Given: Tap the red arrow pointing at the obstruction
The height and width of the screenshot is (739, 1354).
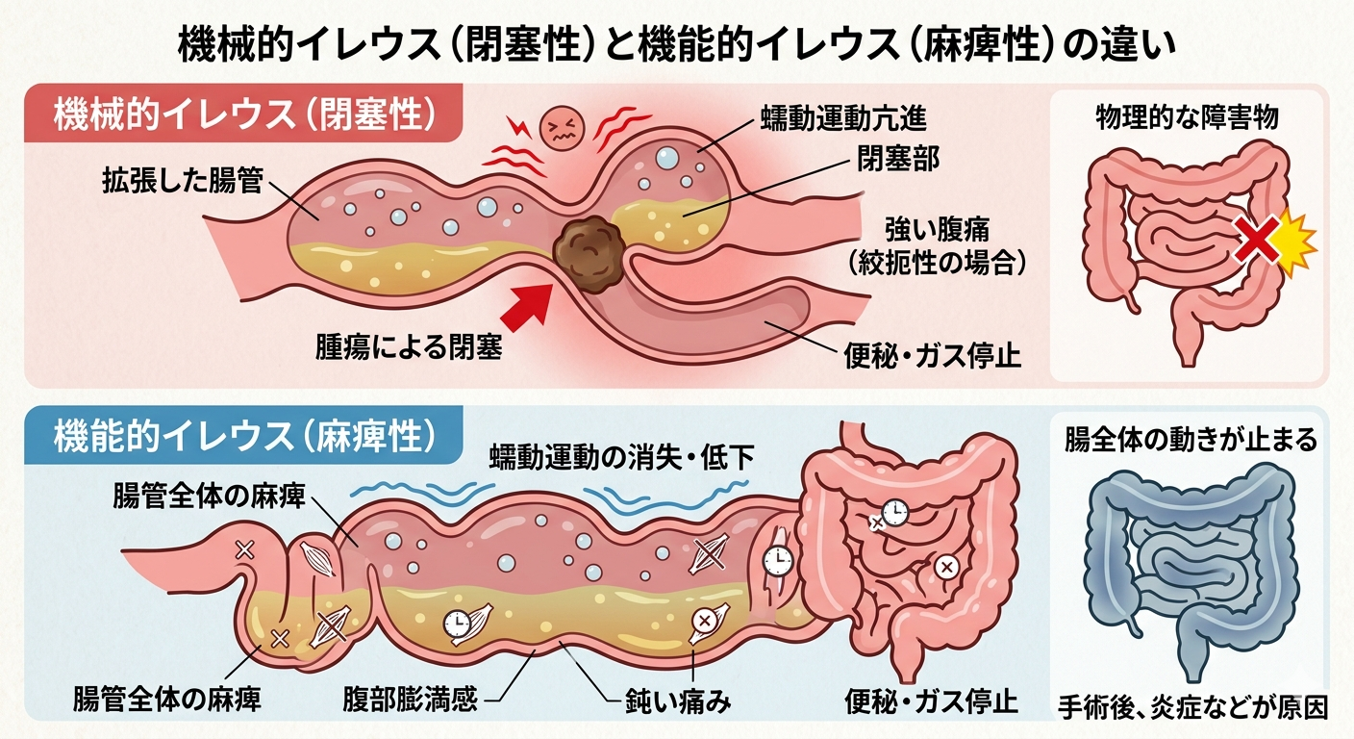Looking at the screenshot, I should pos(527,305).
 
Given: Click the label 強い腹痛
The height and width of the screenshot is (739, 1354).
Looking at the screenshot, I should pos(937,229).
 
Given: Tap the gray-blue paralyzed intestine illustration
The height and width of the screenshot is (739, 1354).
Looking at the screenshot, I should pos(1190,568).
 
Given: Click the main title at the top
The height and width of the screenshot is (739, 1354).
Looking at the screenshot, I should pos(676,45).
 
